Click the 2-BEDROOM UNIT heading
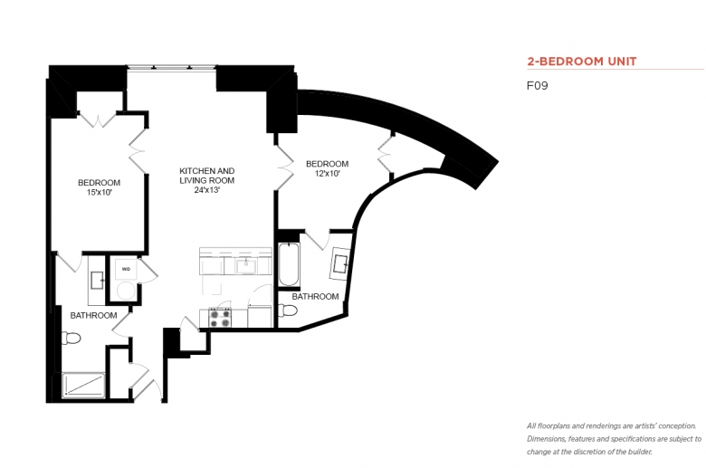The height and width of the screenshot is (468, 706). (x=582, y=62)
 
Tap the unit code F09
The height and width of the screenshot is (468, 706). (x=537, y=86)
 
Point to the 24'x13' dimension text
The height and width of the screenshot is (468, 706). (x=206, y=190)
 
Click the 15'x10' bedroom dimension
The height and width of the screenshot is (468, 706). (x=99, y=192)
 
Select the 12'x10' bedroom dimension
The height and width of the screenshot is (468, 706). (x=328, y=174)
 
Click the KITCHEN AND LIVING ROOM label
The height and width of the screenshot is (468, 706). (x=207, y=176)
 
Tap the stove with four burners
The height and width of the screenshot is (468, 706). (x=221, y=317)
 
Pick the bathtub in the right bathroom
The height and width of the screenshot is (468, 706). (x=289, y=264)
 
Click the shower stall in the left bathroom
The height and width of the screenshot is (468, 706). (x=83, y=386)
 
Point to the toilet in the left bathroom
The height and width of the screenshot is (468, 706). (x=71, y=338)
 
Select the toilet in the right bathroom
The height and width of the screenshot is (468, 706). (x=288, y=310)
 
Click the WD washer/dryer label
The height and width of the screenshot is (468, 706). (x=126, y=269)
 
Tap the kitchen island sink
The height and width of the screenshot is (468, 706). (x=246, y=266)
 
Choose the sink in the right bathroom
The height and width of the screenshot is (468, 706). (x=340, y=264)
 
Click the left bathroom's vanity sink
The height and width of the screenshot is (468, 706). (x=97, y=281)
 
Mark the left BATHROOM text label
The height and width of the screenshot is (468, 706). (x=93, y=315)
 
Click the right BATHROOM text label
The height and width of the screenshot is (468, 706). (x=315, y=296)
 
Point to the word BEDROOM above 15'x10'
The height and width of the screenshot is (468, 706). (x=99, y=183)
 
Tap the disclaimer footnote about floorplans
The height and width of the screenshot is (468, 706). (x=615, y=439)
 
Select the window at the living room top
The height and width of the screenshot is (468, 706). (x=172, y=68)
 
